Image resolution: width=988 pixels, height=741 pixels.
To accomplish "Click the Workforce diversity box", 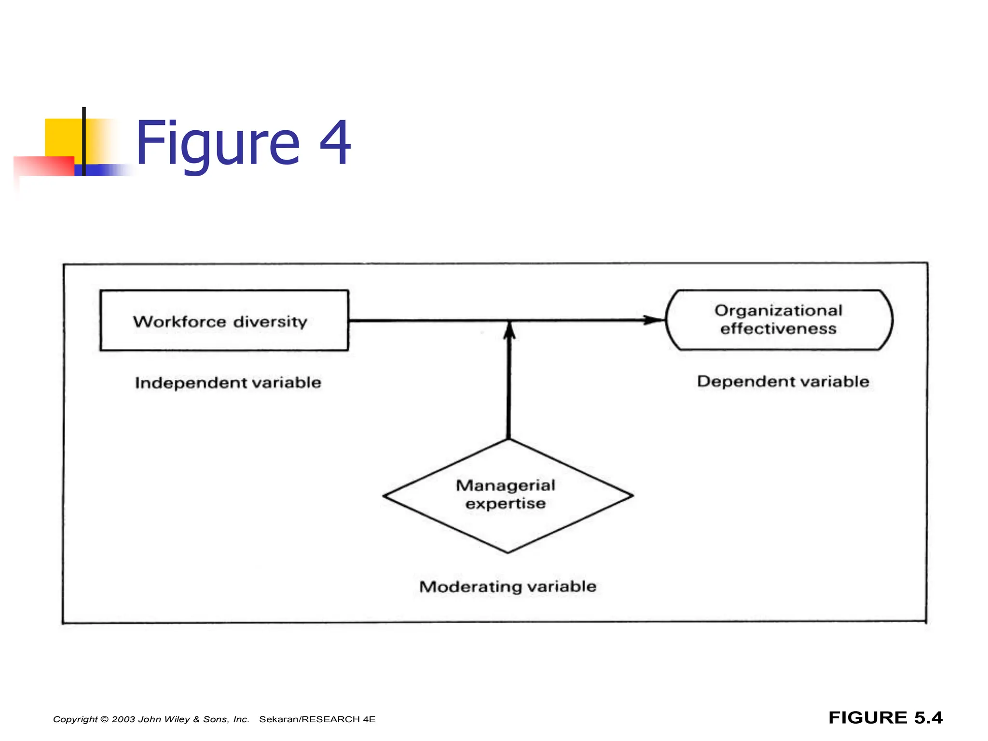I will point(224,320).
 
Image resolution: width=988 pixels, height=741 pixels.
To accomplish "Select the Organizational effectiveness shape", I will point(779,320).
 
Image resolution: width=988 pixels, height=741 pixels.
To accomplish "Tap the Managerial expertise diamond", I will point(508,495).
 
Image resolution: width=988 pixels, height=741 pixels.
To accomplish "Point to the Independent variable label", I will point(228,383).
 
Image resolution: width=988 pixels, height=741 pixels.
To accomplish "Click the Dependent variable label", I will point(783,382).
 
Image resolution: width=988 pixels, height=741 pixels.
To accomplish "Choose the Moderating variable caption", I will point(508,587).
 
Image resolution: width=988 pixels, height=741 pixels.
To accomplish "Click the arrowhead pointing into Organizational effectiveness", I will point(655,320).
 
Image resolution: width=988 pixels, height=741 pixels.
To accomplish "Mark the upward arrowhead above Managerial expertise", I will point(509,331).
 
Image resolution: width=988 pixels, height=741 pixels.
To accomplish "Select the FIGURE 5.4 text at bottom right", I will point(885,718).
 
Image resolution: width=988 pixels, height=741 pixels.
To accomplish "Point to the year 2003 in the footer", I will point(123,719).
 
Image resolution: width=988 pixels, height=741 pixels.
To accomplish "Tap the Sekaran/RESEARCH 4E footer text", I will point(317,719).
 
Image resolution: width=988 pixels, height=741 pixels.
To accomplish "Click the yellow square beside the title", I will point(63,137).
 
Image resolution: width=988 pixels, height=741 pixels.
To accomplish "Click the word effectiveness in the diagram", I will point(778,329).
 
